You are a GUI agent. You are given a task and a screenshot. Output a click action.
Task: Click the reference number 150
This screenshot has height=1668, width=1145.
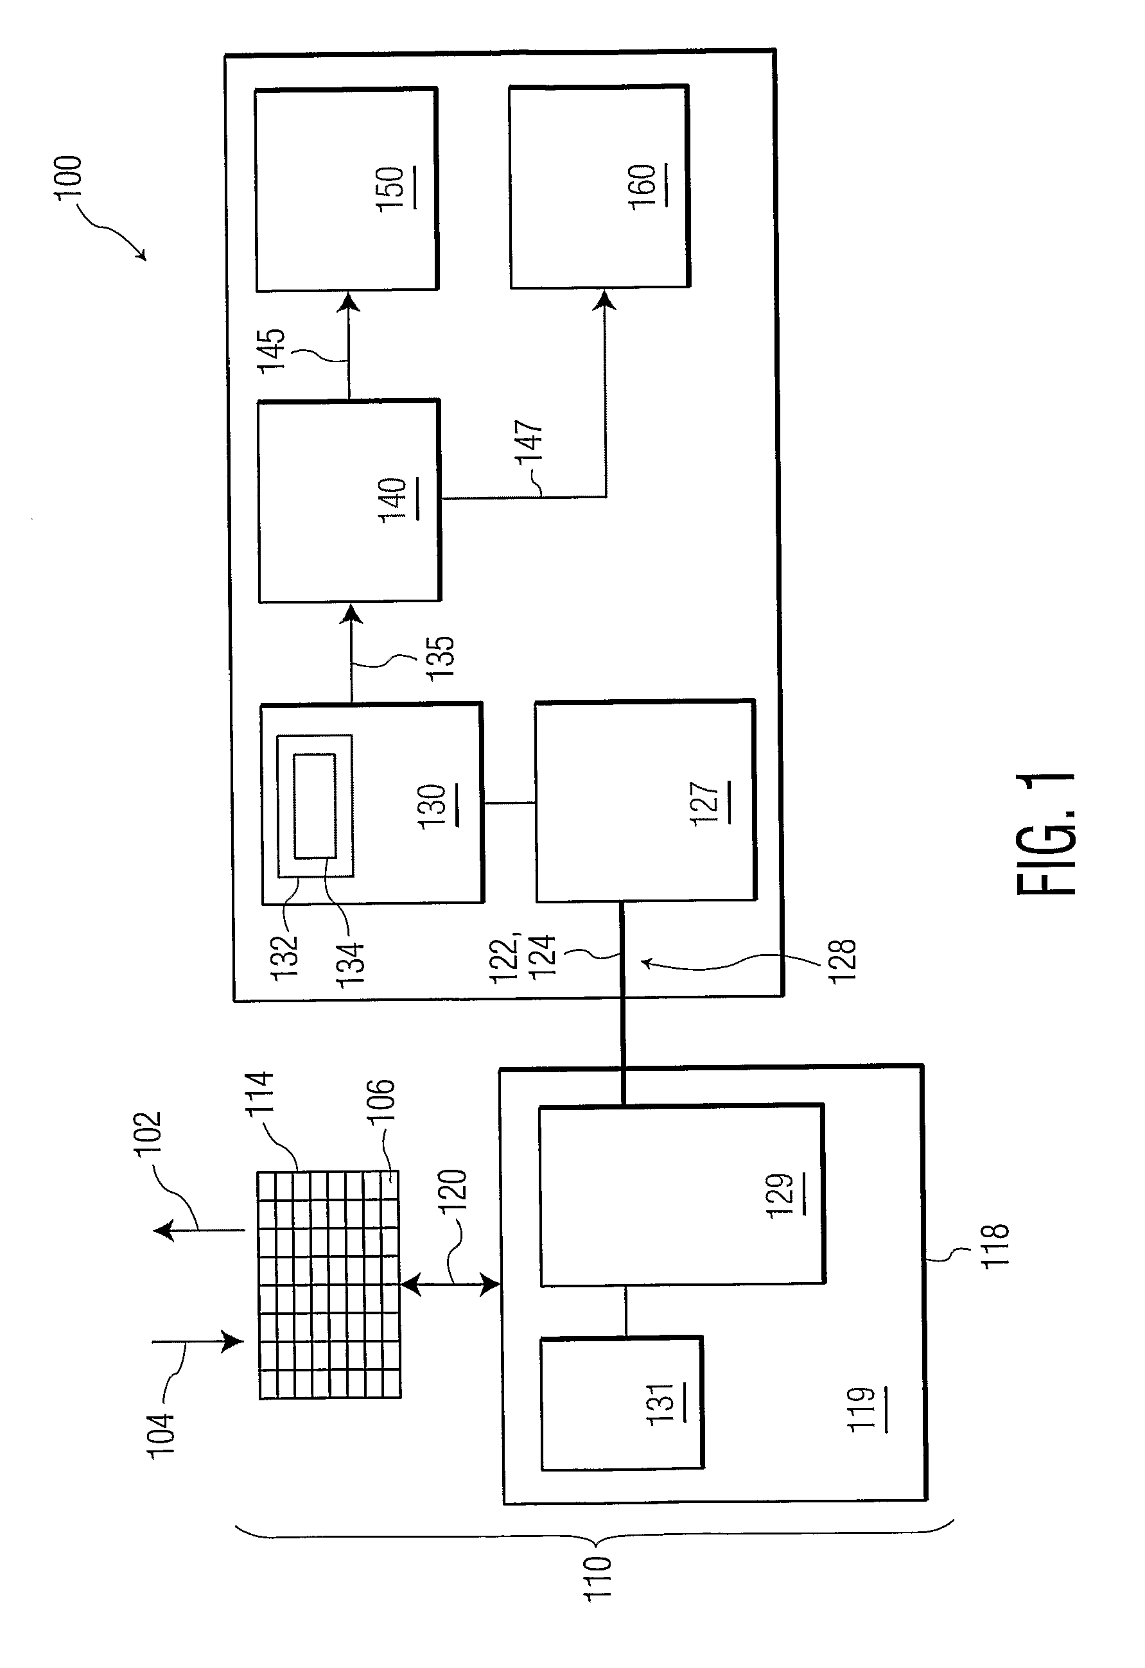pos(392,188)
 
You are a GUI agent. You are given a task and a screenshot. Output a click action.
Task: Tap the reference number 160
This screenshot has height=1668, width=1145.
pos(645,186)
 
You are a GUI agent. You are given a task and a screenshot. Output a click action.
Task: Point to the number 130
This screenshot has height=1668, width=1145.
pos(435,807)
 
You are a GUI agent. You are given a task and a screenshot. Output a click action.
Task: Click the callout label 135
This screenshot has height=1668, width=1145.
pos(440,657)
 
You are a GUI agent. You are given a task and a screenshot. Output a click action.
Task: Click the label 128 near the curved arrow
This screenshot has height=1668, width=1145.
pos(842,960)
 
